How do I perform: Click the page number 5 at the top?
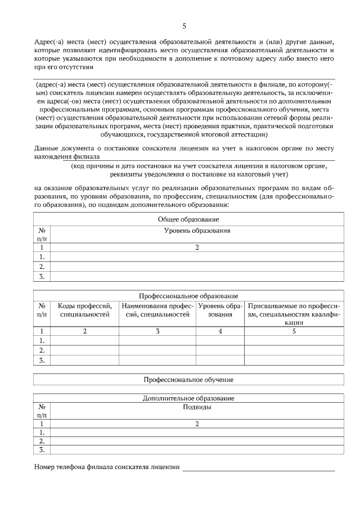[184, 26]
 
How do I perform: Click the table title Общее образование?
[188, 219]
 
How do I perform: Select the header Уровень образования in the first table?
[197, 231]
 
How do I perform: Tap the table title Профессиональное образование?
[188, 296]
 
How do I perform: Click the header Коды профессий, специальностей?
[84, 310]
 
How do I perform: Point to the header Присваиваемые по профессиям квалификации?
[294, 314]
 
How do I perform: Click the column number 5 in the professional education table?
[294, 331]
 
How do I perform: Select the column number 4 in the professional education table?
[220, 331]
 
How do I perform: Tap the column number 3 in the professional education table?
[157, 331]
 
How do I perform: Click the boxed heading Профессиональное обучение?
[188, 380]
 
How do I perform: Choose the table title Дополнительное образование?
[188, 398]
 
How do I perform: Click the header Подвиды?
[197, 407]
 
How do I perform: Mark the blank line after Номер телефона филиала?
[258, 467]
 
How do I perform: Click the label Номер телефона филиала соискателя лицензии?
[107, 467]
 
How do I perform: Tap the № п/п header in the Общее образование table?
[42, 235]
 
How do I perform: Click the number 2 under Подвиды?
[197, 424]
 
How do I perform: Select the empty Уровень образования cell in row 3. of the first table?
[197, 276]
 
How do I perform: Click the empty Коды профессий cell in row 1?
[84, 340]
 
